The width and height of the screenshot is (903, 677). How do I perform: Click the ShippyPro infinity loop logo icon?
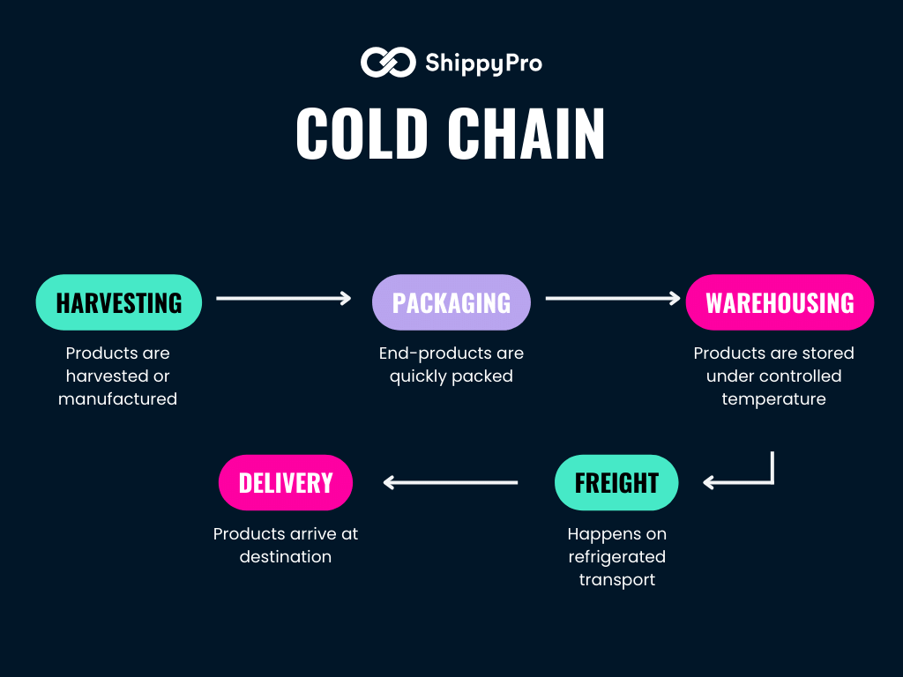click(x=387, y=63)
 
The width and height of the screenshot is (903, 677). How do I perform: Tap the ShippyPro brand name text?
click(x=483, y=63)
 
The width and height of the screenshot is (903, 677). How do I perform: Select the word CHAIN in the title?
click(x=526, y=135)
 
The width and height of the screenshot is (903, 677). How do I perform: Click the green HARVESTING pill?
click(x=119, y=302)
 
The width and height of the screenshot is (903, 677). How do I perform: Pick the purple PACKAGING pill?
click(x=451, y=302)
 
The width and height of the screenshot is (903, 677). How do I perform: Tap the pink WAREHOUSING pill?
click(x=780, y=302)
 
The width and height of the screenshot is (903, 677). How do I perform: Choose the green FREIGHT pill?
click(x=616, y=482)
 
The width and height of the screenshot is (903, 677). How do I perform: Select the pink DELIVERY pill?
click(x=286, y=482)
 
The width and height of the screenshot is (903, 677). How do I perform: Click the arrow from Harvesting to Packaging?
click(x=283, y=299)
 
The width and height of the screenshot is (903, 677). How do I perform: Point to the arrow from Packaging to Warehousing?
click(x=612, y=299)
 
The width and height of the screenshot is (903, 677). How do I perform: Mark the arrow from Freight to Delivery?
click(x=450, y=482)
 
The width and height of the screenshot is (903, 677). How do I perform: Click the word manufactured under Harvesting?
click(x=118, y=399)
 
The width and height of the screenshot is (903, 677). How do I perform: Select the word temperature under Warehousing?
click(x=773, y=399)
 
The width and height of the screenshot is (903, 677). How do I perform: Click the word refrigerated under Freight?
click(x=616, y=557)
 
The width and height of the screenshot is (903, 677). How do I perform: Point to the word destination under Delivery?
click(x=286, y=557)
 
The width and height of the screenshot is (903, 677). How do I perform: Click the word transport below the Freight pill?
click(x=616, y=580)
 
